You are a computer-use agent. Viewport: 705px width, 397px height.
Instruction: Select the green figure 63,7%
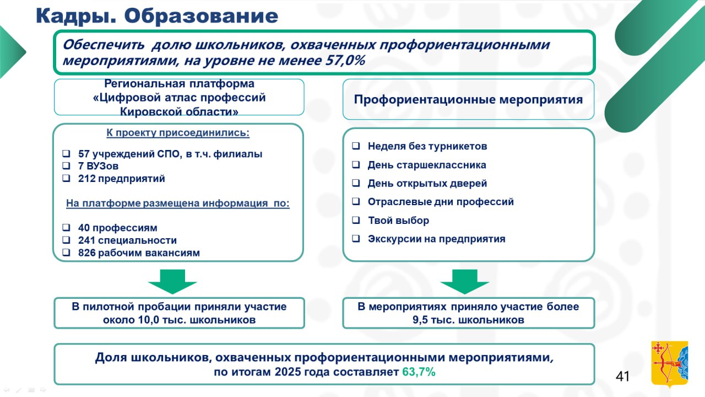[x=419, y=372]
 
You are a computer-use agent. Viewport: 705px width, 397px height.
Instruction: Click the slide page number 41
[x=622, y=377]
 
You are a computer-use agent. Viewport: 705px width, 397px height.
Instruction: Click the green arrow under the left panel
[x=172, y=282]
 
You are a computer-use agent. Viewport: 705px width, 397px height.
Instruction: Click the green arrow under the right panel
[x=464, y=282]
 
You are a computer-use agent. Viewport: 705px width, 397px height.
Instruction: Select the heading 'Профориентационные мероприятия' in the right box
[x=468, y=100]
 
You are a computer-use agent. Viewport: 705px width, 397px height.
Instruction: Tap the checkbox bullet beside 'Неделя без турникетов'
[x=356, y=146]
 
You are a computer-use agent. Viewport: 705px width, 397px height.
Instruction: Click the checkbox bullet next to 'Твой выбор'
[x=356, y=220]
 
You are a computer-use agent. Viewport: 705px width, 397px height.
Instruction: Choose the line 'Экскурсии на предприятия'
[x=436, y=239]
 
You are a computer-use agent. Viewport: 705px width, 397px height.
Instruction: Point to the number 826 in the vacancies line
[x=87, y=253]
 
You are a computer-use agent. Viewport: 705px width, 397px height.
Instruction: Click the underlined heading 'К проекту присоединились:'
[x=178, y=133]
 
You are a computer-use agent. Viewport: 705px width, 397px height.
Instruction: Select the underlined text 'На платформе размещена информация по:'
[x=178, y=203]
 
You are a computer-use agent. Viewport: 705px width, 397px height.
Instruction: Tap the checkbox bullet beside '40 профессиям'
[x=66, y=228]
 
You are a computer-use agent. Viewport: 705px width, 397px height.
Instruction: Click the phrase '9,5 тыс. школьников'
[x=468, y=320]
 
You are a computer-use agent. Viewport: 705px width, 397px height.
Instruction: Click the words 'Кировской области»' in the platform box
[x=180, y=111]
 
